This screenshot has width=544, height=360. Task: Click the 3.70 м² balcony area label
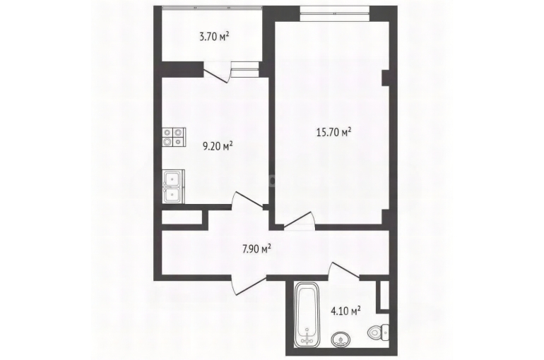pyautogui.click(x=214, y=37)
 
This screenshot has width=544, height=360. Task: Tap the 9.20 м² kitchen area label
pyautogui.click(x=217, y=146)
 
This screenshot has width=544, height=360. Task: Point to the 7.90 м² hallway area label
pyautogui.click(x=256, y=248)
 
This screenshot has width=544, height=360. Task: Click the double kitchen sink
pyautogui.click(x=174, y=187)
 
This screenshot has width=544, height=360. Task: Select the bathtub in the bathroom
pyautogui.click(x=307, y=314)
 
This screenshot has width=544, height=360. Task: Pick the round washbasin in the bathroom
pyautogui.click(x=342, y=340)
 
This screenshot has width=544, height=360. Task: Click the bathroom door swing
pyautogui.click(x=345, y=270)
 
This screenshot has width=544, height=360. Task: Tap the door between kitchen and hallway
pyautogui.click(x=248, y=200)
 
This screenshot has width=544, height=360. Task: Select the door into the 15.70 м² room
pyautogui.click(x=300, y=220)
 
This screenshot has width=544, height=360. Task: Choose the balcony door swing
pyautogui.click(x=218, y=72)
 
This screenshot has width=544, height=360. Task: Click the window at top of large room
pyautogui.click(x=335, y=13)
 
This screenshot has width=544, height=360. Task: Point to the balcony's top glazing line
pyautogui.click(x=212, y=7)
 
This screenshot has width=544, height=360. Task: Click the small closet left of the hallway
pyautogui.click(x=182, y=217)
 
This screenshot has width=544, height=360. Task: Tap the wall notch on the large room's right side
pyautogui.click(x=385, y=78)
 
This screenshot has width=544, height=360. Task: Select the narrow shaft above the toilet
pyautogui.click(x=384, y=294)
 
